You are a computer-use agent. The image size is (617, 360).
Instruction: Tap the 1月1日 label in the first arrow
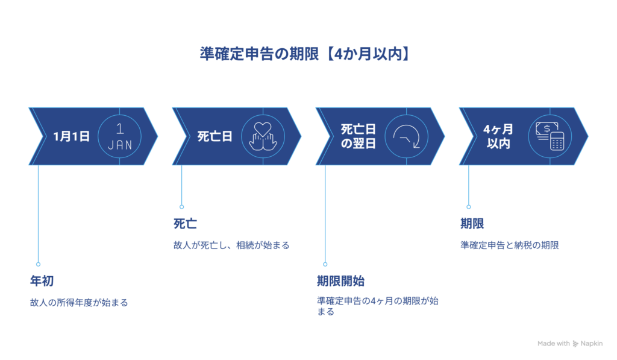(x=71, y=136)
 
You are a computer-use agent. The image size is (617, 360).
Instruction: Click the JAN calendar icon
(x=119, y=136)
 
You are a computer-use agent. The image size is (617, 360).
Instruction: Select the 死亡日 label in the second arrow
(x=215, y=136)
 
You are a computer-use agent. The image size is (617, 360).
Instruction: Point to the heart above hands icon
(x=263, y=136)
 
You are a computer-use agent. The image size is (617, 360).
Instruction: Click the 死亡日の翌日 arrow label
(x=358, y=136)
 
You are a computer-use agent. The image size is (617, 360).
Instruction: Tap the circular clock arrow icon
(x=406, y=136)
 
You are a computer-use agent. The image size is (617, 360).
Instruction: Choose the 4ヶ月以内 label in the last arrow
(x=498, y=136)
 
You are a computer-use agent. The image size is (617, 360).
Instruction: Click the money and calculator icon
(x=550, y=136)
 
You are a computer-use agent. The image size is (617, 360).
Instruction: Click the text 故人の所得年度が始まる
(x=79, y=302)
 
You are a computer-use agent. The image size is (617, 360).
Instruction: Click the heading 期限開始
(x=340, y=281)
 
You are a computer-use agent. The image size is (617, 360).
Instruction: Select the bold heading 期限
(x=472, y=224)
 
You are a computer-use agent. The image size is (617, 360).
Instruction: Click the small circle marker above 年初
(x=38, y=264)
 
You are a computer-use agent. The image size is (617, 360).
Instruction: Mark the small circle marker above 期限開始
(x=325, y=264)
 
